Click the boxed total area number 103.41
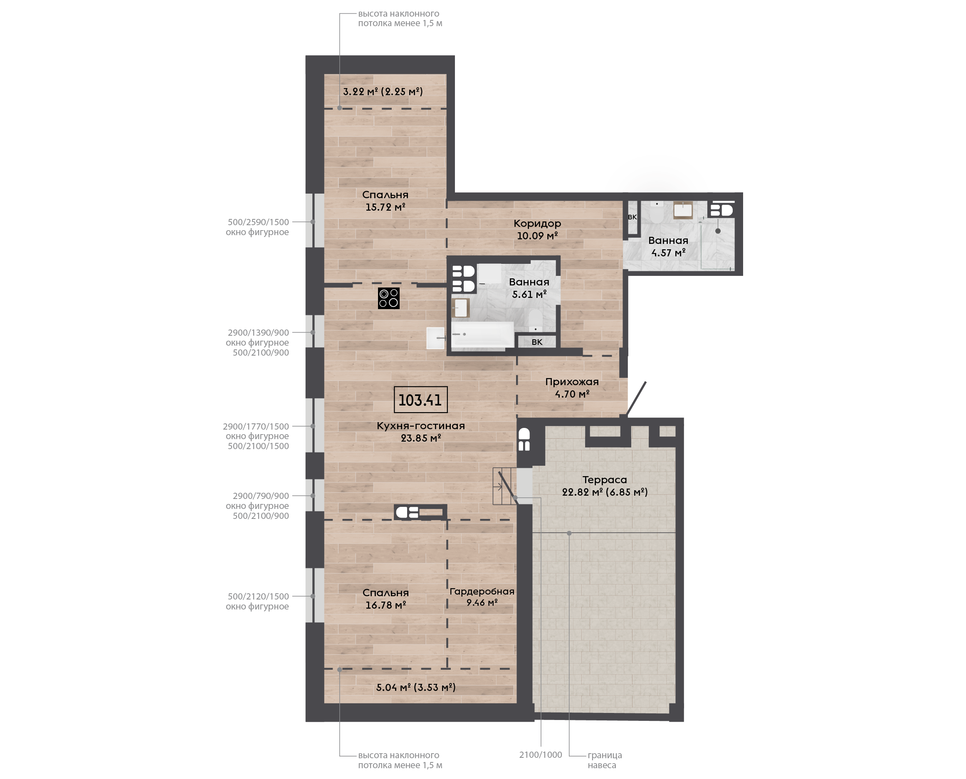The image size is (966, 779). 420,400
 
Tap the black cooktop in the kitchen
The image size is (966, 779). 388,298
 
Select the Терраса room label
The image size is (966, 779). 605,480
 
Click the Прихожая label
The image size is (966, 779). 572,382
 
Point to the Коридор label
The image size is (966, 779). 537,224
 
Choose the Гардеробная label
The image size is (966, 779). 482,592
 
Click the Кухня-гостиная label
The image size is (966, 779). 421,426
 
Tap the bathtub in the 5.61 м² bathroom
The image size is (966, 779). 483,334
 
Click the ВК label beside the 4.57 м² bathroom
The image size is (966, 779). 632,217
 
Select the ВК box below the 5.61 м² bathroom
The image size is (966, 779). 537,342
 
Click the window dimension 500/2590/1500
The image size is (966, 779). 258,222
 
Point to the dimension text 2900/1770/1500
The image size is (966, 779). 256,427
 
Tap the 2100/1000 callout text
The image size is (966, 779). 541,755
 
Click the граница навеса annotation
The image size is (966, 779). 605,760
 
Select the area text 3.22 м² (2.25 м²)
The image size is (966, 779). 383,91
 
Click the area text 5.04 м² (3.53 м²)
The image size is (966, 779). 416,688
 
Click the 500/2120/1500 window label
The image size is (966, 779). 258,596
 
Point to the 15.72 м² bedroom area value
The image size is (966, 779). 385,207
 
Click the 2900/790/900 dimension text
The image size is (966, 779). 261,496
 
